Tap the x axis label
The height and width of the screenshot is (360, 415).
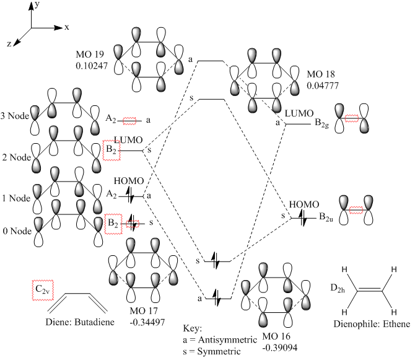coord(66,28)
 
